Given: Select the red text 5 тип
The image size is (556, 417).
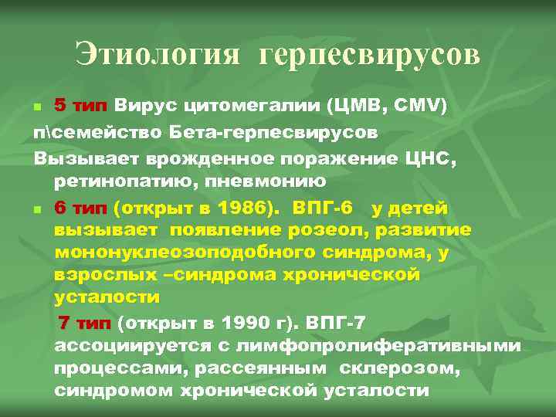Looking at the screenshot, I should click(x=82, y=105).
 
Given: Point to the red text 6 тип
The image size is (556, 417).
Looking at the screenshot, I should click(x=82, y=208).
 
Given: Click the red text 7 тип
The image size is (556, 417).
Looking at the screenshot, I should click(x=85, y=321).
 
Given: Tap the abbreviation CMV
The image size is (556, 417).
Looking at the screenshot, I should click(x=417, y=105).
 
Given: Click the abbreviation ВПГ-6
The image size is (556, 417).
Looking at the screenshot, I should click(x=324, y=208).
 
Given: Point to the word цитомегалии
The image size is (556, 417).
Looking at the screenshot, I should click(x=264, y=105).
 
